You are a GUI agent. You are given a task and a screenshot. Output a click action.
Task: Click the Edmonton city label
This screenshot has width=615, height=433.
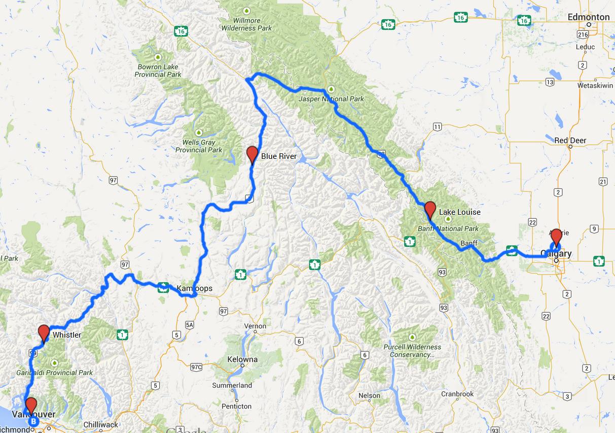(588, 17)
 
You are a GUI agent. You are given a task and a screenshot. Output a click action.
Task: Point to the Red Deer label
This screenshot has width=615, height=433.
(570, 140)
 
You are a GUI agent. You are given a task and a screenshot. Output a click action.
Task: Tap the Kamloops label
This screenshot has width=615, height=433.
(195, 289)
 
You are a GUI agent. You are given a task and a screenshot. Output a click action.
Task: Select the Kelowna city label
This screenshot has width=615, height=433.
(242, 359)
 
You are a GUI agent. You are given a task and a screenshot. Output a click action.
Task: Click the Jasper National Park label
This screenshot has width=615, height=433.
(324, 98)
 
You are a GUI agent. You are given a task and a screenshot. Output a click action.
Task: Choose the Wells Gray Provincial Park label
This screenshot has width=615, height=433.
(199, 146)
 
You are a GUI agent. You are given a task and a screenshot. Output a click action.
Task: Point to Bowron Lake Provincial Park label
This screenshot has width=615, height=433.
(158, 71)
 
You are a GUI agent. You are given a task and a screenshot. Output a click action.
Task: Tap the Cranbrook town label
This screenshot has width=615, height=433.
(457, 394)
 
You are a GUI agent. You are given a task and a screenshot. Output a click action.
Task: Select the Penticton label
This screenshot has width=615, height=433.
(237, 406)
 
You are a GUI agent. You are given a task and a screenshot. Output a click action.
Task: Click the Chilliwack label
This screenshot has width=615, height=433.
(100, 425)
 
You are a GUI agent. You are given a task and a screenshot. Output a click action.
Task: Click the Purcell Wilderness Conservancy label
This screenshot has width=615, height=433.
(412, 351)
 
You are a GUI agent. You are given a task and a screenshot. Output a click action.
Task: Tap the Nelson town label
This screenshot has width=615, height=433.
(369, 395)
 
